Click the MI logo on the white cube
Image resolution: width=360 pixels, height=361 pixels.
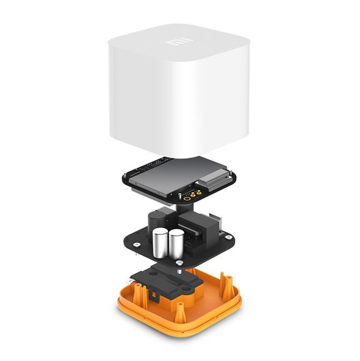179,42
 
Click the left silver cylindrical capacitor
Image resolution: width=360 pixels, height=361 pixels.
160,243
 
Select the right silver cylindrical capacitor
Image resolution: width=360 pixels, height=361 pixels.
176,243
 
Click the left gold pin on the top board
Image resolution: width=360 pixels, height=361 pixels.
193,195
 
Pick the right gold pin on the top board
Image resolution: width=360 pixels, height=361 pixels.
198,191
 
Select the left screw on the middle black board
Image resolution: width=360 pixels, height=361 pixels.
137,245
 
